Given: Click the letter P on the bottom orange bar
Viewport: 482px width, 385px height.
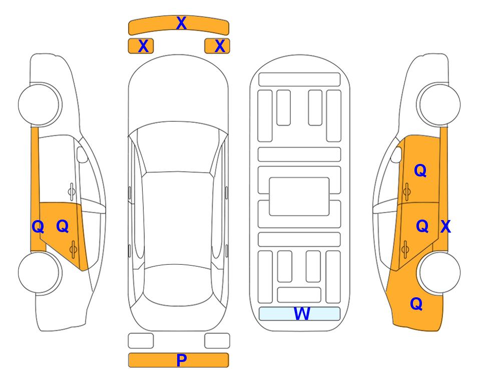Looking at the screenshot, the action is [181, 360].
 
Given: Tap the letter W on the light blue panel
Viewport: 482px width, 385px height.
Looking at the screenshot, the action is [302, 313].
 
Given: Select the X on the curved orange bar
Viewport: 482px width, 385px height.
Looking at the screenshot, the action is [181, 23].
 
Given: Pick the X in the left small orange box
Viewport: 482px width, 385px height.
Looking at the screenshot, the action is [143, 46].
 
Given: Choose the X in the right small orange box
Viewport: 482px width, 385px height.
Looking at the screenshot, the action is [220, 46].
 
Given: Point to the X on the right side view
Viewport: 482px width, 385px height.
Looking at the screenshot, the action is [445, 227].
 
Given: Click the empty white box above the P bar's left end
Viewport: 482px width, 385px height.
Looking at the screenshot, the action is [141, 341].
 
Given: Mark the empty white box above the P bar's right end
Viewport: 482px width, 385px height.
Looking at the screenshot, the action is [217, 341].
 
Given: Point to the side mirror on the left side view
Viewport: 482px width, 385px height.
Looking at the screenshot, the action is [82, 154].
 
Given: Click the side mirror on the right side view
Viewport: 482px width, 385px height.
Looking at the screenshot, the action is [396, 154].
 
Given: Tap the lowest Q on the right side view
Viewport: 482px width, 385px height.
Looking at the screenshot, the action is [416, 304].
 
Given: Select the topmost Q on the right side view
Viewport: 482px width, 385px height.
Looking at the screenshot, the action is [420, 170].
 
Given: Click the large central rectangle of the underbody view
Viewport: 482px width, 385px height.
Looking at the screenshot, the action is [299, 197].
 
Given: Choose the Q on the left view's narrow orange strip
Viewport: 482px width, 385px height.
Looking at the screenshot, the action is [38, 227].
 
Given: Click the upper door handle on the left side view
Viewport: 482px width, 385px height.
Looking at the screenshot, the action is [72, 192].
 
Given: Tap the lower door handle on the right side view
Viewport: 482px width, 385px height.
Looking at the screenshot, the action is [405, 249].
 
